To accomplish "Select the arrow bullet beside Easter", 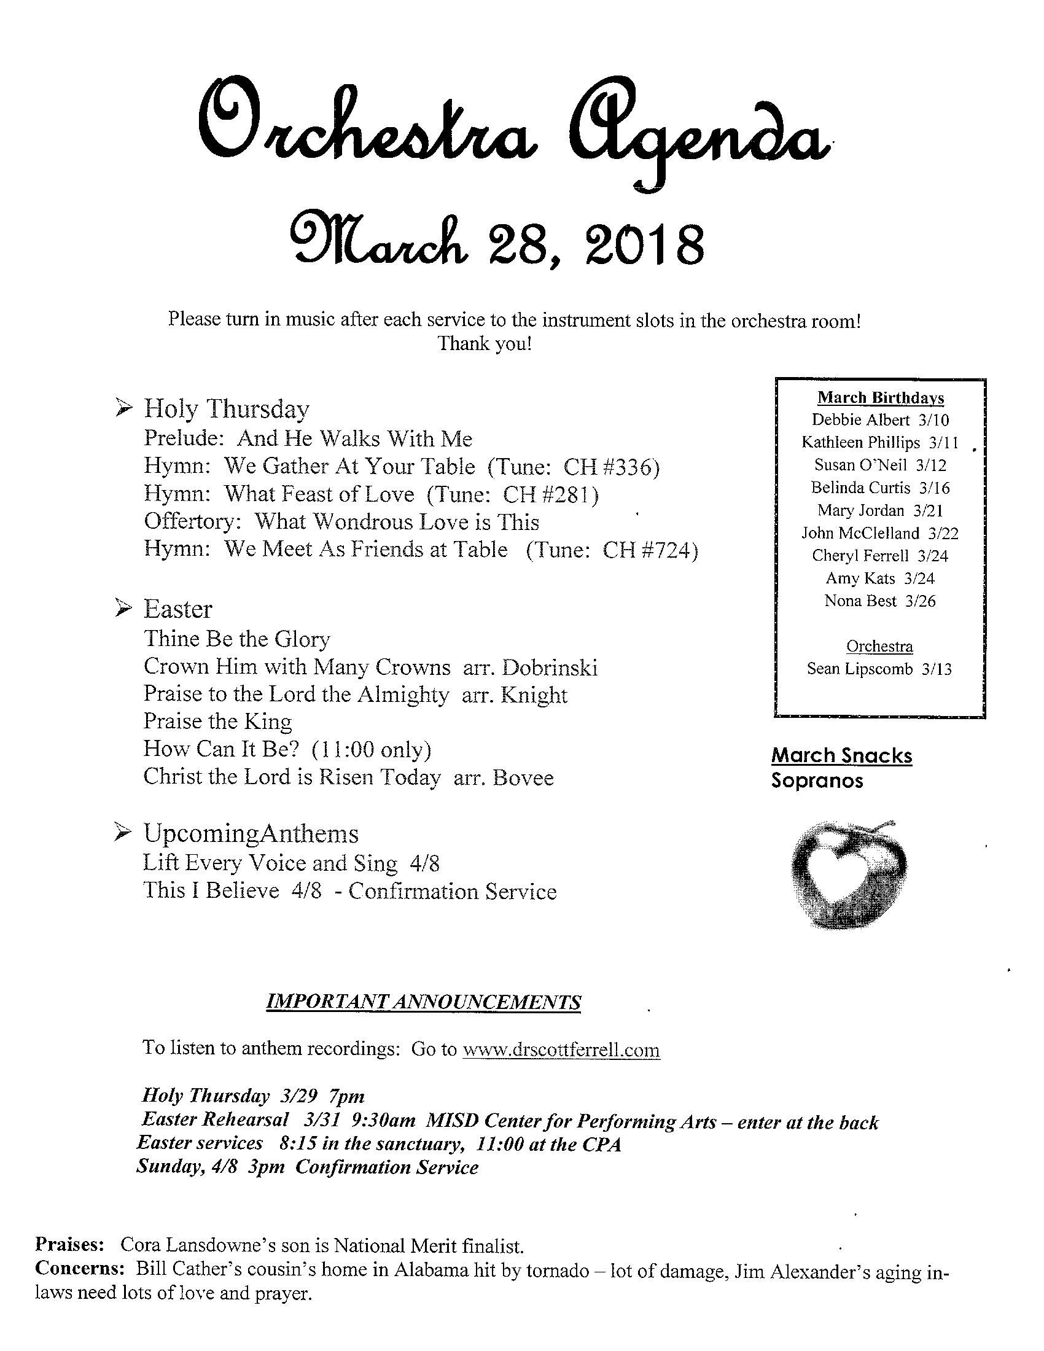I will point(123,609).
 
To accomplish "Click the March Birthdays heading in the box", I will point(880,398).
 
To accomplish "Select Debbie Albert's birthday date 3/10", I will point(933,420).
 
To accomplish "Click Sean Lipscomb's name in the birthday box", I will point(860,669).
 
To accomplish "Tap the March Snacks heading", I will point(842,755).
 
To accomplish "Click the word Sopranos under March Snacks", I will point(817,781).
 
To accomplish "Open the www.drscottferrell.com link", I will point(561,1049).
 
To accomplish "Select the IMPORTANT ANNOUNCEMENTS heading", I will point(423,1002).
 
